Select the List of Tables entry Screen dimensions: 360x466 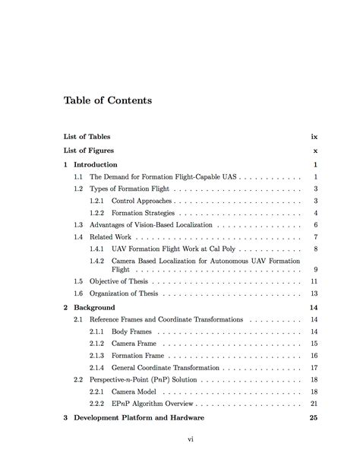[87, 137]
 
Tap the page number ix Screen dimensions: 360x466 [314, 137]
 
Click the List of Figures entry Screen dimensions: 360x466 [89, 151]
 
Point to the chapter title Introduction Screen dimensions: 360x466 [96, 164]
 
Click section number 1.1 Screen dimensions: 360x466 [78, 176]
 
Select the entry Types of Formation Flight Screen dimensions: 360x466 [130, 189]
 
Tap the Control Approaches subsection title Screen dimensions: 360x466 [142, 201]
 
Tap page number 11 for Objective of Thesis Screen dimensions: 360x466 [313, 281]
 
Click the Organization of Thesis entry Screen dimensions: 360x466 [125, 293]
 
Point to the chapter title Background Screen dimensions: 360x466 [94, 307]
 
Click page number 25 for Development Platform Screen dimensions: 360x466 [312, 417]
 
